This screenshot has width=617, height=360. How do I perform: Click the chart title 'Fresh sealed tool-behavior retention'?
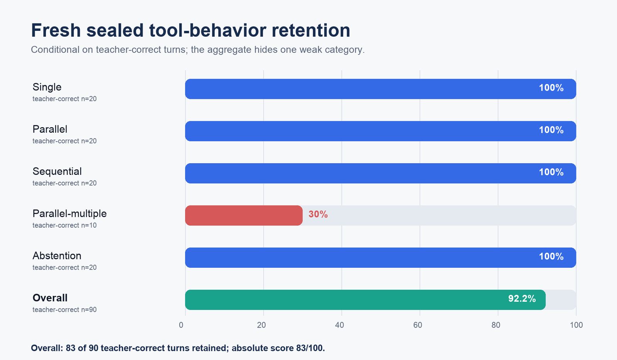(190, 30)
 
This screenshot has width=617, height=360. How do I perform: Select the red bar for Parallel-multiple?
(244, 215)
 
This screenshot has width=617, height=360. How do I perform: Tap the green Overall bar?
(365, 300)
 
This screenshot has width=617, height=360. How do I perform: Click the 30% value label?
(318, 214)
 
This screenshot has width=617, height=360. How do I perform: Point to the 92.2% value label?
(522, 299)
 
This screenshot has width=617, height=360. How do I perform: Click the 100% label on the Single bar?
(551, 88)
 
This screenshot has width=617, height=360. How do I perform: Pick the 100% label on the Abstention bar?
(551, 256)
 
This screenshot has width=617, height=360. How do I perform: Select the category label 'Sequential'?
(57, 171)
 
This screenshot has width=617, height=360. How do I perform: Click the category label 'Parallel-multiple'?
(69, 214)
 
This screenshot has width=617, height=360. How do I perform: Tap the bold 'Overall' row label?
(50, 298)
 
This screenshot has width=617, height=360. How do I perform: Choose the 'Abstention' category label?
(57, 256)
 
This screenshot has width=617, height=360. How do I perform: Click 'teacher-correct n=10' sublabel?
(64, 225)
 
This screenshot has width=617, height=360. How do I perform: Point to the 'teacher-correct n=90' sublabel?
(64, 309)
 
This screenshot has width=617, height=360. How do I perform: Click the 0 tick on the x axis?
(181, 325)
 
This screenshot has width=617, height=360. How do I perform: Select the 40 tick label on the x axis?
(340, 325)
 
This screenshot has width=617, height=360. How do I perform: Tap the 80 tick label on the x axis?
(496, 325)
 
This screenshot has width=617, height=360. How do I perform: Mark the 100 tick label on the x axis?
(576, 325)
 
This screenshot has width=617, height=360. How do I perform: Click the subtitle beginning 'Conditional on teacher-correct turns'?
(198, 50)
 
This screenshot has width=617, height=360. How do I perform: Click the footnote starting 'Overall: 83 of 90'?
(178, 348)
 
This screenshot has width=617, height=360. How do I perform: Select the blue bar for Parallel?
(381, 131)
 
